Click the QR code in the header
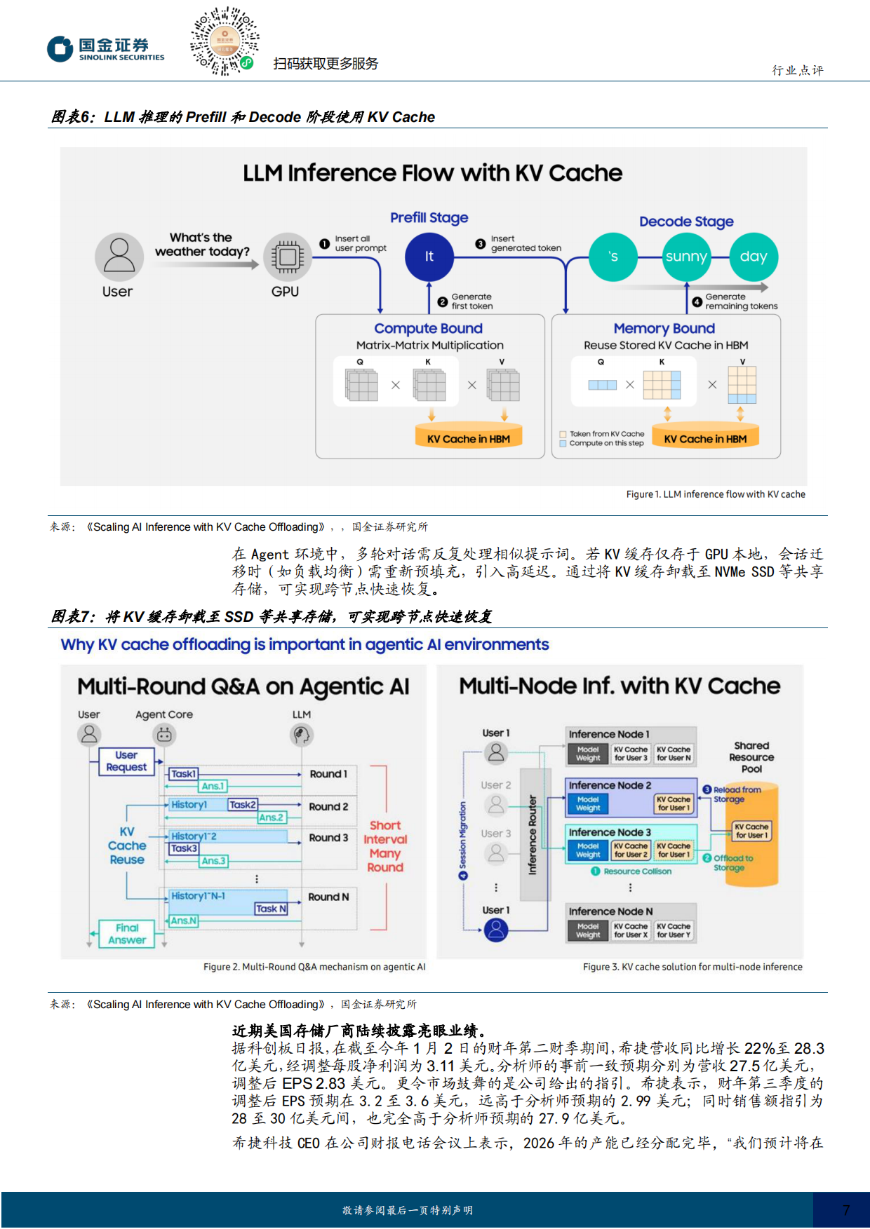coord(225,41)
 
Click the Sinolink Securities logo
coord(106,49)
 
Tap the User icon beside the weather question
coord(119,257)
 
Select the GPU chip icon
coord(287,257)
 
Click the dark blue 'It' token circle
coord(429,257)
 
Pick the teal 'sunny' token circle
coord(685,257)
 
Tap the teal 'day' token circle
coord(753,257)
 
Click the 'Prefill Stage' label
coord(429,218)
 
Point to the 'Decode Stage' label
coord(685,222)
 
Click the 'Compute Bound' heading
coord(428,328)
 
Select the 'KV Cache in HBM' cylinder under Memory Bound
coord(705,437)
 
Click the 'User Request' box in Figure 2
coord(126,761)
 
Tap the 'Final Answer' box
coord(127,934)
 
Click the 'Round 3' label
coord(328,838)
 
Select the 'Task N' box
coord(271,909)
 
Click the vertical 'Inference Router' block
coord(533,834)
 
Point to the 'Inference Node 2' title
coord(610,785)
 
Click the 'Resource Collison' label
coord(637,871)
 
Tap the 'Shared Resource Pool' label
coord(751,757)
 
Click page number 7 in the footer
coord(845,1210)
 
